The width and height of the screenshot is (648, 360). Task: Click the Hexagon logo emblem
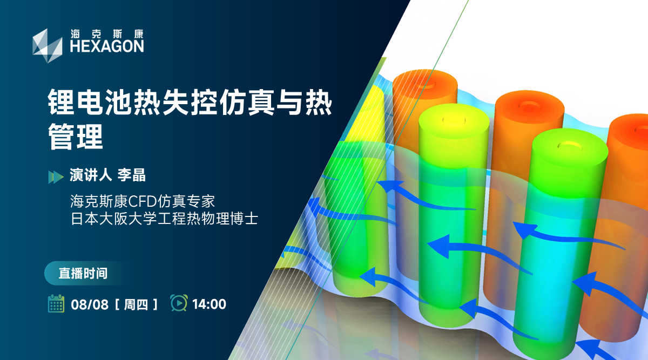pos(47,41)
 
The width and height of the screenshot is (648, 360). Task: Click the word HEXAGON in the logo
pos(107,46)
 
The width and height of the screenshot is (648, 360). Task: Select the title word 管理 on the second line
pos(76,138)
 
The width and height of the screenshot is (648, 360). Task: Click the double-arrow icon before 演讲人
pos(56,176)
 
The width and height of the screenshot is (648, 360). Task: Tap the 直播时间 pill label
pos(83,273)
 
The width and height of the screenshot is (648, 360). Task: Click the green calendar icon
pos(56,304)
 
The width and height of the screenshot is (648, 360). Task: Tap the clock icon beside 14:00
pos(179,303)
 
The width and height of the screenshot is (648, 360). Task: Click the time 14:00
pos(209,304)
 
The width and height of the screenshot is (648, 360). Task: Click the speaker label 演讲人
pos(90,175)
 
